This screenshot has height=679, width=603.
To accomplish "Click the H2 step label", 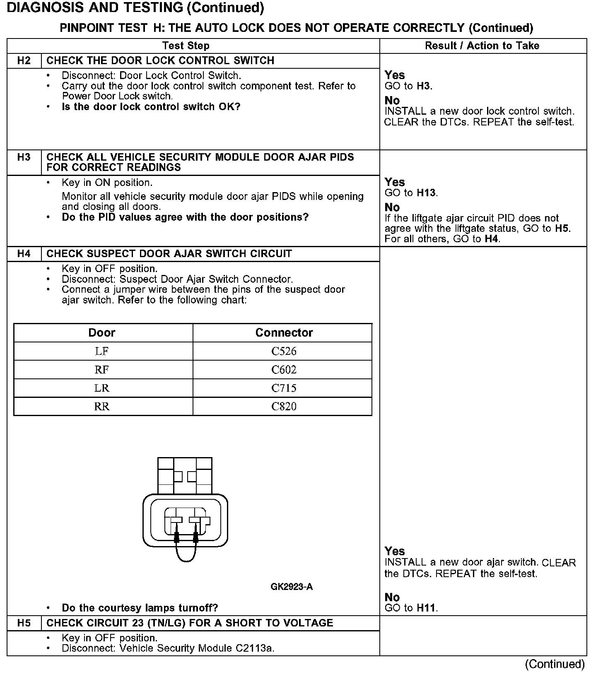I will (x=24, y=61).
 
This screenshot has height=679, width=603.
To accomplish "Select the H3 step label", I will (x=24, y=157).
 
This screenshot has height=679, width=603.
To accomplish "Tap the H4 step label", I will (x=24, y=254).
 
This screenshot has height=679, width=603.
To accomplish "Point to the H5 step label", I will (x=24, y=623).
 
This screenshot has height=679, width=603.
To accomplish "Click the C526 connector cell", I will (x=284, y=351).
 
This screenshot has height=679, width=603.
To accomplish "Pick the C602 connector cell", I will (x=284, y=370).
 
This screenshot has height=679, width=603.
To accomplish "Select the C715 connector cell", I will (x=284, y=388).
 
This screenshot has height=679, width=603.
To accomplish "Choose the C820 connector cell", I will (x=284, y=406).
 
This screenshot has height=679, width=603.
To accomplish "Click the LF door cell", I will (x=102, y=351).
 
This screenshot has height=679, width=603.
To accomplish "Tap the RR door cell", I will (x=102, y=406).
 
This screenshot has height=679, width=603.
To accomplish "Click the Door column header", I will (x=102, y=332).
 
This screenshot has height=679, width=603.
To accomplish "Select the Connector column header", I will (x=284, y=332).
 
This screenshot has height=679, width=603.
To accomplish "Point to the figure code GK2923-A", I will (x=292, y=587).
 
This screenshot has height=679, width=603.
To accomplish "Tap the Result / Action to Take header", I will (x=482, y=46).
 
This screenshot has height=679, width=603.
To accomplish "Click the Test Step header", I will (x=186, y=46).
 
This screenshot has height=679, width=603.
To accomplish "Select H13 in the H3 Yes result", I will (x=427, y=193).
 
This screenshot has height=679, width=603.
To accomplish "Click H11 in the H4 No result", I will (x=427, y=608).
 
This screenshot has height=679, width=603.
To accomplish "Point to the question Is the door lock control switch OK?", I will (x=151, y=107).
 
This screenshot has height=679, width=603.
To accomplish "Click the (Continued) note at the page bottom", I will (x=555, y=665).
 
